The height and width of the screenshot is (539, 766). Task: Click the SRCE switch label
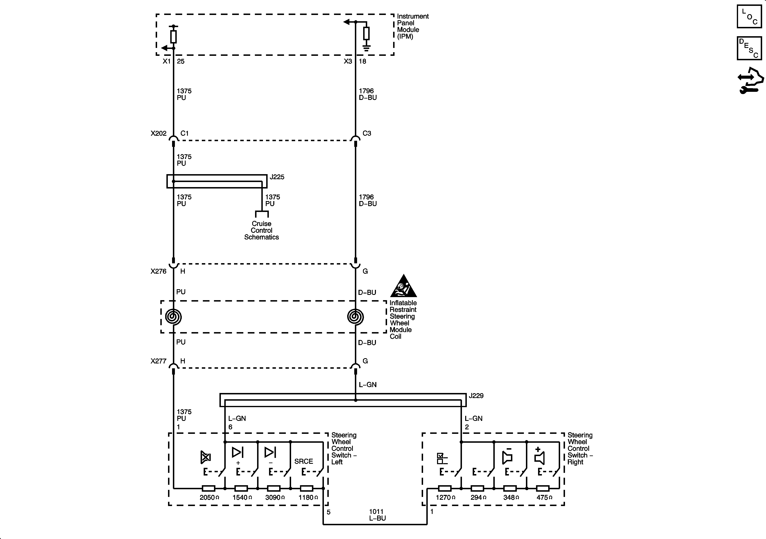(x=304, y=461)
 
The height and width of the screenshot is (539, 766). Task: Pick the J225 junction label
(x=277, y=177)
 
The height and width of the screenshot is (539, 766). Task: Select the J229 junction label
(x=476, y=396)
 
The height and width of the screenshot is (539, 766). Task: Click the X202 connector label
(x=159, y=133)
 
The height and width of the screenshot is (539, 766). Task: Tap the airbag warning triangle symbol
(x=404, y=286)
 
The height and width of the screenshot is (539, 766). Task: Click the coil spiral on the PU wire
(x=173, y=317)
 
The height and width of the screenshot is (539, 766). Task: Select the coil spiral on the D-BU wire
(x=356, y=317)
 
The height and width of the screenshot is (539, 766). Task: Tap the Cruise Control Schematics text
(x=262, y=230)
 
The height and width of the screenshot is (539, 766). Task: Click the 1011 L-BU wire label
(x=377, y=515)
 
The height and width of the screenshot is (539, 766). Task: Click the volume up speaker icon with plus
(x=539, y=456)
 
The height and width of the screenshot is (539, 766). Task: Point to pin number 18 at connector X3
(x=363, y=61)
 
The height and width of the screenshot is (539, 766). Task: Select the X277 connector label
(x=159, y=361)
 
